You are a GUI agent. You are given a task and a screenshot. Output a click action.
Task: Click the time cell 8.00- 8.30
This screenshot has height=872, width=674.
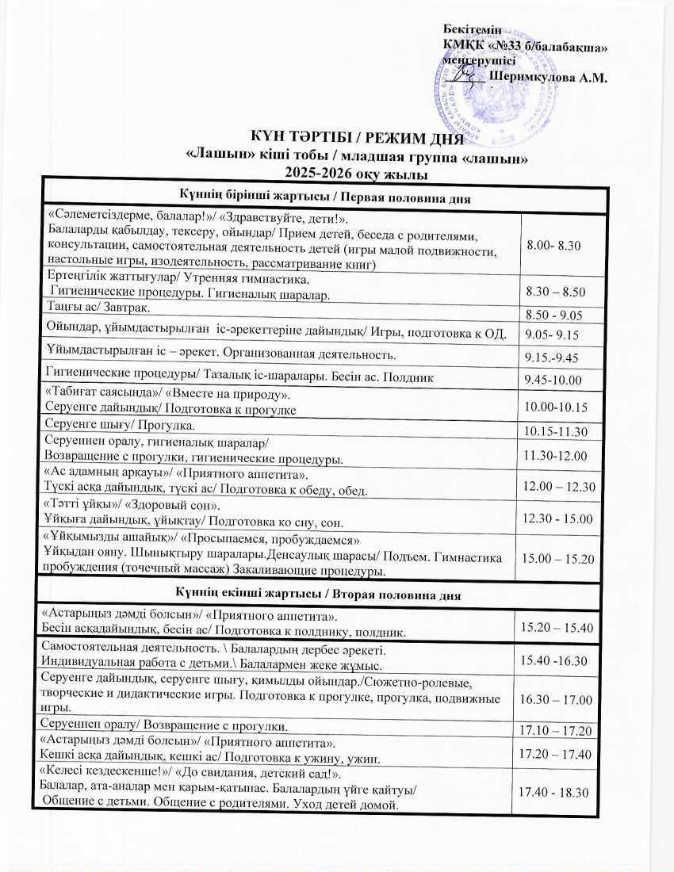554,246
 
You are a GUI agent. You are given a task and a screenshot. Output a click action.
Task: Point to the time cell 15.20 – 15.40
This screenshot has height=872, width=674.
556,627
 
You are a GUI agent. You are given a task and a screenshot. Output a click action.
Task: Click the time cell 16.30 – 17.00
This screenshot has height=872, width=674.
556,699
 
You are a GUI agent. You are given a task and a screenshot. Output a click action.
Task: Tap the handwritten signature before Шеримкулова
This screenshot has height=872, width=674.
468,75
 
